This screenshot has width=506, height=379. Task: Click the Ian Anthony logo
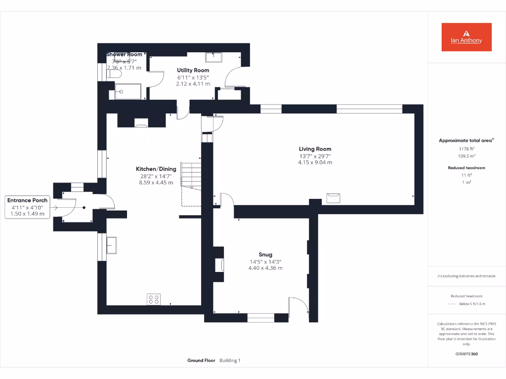tap(466, 37)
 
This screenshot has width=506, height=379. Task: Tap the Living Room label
tap(315, 149)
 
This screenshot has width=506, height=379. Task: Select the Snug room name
tap(265, 255)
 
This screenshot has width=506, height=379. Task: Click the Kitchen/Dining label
tap(156, 169)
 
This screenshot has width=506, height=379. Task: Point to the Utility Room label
tap(193, 71)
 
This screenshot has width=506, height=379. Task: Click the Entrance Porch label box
tap(28, 207)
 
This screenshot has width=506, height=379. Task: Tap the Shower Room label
tap(124, 54)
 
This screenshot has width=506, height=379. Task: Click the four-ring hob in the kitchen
tap(154, 299)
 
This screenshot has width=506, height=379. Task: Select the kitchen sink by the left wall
tap(111, 245)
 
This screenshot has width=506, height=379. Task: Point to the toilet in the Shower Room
tap(115, 74)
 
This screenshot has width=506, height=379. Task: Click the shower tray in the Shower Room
tap(128, 91)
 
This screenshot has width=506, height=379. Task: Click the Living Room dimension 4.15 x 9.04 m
tap(315, 162)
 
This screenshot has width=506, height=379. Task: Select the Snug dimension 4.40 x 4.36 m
tap(265, 268)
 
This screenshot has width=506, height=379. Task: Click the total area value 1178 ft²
tap(466, 149)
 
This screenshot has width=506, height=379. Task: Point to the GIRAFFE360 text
tap(466, 354)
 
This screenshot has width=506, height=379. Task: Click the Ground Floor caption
tap(201, 361)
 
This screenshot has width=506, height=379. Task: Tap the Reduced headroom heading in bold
tap(466, 168)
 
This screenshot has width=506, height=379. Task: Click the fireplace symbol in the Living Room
tap(334, 197)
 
